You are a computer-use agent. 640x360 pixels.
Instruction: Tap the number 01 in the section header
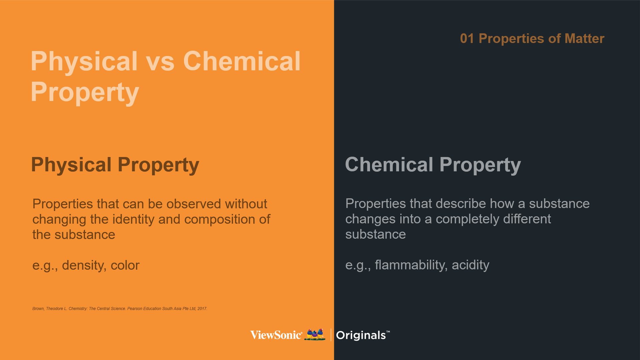[467, 39]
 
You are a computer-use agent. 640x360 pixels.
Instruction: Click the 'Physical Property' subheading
[115, 165]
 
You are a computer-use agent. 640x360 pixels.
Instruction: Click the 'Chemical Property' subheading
[433, 165]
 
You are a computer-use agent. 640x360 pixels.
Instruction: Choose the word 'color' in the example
[125, 266]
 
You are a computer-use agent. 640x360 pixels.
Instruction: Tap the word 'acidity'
[470, 265]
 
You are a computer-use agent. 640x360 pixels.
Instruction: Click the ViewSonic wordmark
[276, 335]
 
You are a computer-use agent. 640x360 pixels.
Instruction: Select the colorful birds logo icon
[315, 334]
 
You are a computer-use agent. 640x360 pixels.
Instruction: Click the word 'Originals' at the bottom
[361, 335]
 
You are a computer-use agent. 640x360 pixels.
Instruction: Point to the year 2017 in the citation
[202, 309]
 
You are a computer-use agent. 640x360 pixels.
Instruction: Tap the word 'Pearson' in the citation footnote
[135, 309]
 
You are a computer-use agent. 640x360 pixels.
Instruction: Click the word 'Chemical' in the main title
[242, 62]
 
